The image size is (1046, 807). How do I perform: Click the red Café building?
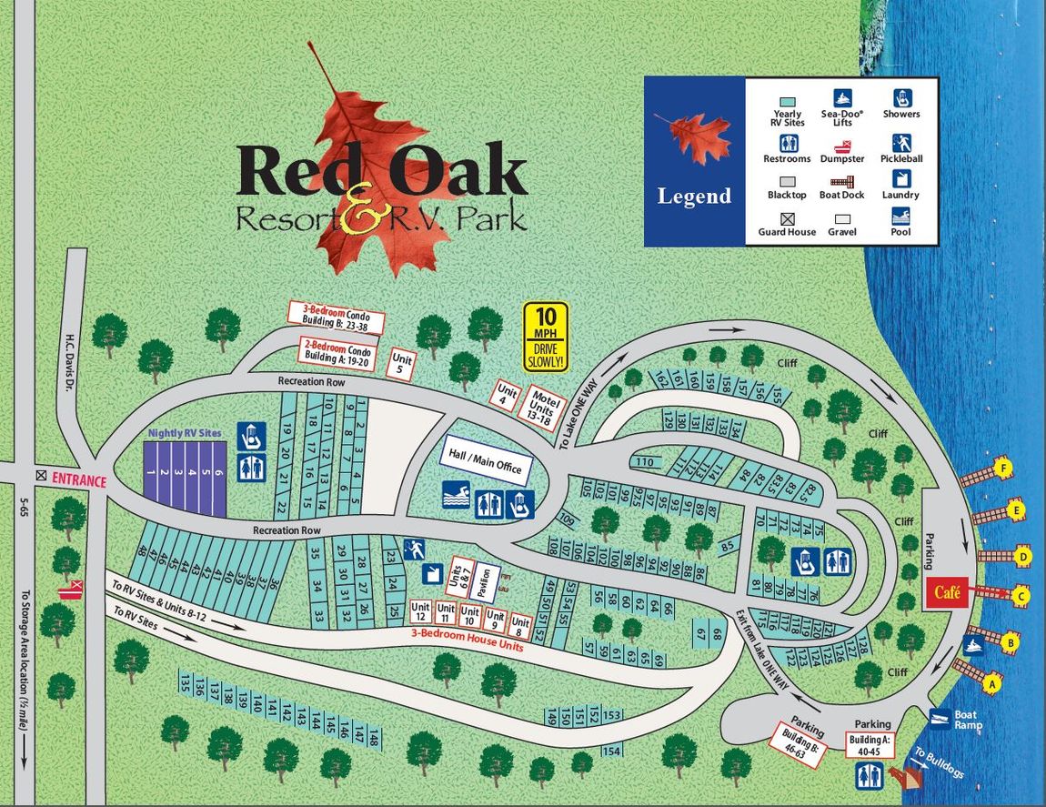pos(944,593)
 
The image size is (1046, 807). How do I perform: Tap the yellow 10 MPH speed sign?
pos(546,337)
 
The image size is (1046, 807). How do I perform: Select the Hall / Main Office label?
pos(485,459)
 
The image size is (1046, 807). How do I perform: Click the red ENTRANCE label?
pos(77,480)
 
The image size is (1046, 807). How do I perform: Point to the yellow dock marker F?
pos(1003,469)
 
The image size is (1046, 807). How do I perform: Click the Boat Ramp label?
pos(965,720)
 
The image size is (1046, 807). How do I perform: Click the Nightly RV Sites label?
pos(184,435)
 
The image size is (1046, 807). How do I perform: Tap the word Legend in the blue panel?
pos(694,196)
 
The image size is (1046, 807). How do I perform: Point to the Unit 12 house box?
pos(420,611)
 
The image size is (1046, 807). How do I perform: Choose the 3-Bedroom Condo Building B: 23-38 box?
pos(336,317)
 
